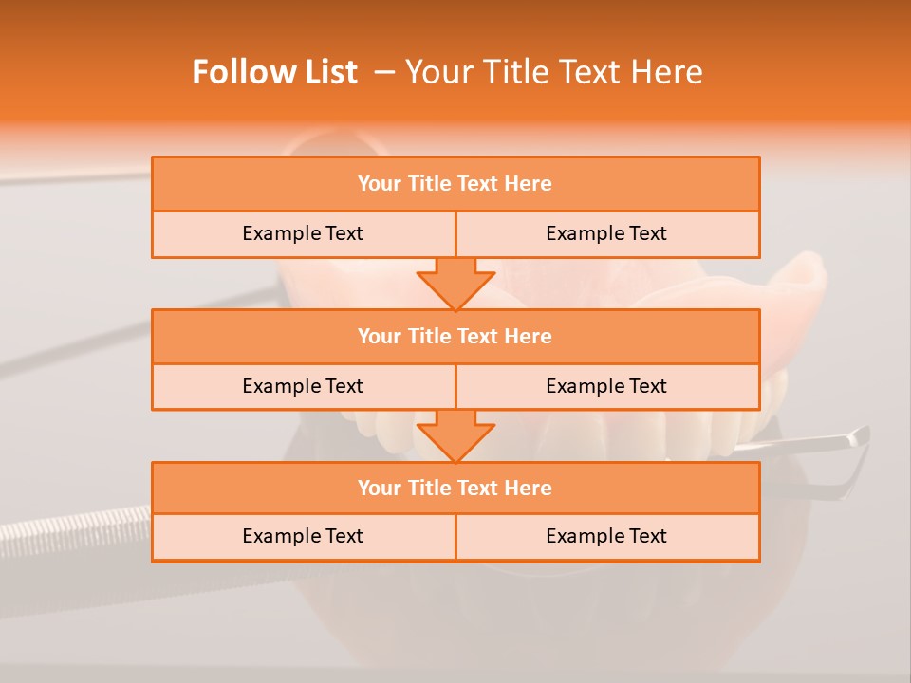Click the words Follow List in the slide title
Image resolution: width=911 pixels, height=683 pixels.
pos(274,72)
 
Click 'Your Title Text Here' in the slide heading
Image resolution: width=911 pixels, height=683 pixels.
pos(554,72)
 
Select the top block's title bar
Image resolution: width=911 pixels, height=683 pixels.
pos(455,184)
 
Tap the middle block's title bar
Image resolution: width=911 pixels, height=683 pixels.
pos(455,337)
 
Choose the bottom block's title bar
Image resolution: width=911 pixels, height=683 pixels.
pos(455,489)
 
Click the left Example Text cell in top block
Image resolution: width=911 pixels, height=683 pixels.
pos(303,233)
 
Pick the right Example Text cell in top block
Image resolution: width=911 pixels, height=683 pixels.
pos(606,233)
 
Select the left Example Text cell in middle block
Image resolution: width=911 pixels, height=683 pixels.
pos(303,386)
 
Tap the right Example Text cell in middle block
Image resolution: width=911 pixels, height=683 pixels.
pos(606,386)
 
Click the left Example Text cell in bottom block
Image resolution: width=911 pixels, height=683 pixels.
pos(303,536)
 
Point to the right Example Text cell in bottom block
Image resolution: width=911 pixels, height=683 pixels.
pos(606,536)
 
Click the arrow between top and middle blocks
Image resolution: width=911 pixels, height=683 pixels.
pos(455,284)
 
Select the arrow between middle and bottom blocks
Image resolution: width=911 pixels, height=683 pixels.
pos(455,435)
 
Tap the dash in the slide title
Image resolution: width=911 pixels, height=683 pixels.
pos(384,72)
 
